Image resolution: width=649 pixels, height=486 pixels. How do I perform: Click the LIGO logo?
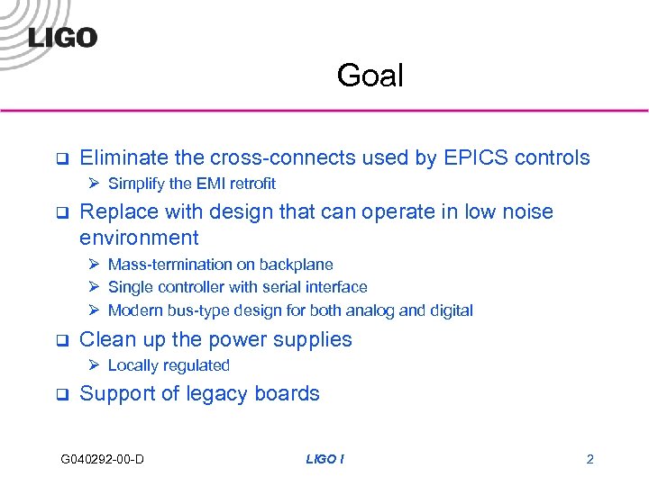63,37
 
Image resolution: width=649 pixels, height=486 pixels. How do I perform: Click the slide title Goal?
370,76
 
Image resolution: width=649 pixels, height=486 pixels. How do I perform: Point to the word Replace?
117,212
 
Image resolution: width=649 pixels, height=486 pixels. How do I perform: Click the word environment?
139,238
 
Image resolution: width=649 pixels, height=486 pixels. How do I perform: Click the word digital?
452,310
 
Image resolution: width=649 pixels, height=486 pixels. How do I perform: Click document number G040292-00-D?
103,460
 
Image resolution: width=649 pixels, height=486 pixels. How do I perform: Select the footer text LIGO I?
324,460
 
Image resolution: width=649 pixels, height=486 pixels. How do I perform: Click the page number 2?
590,460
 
